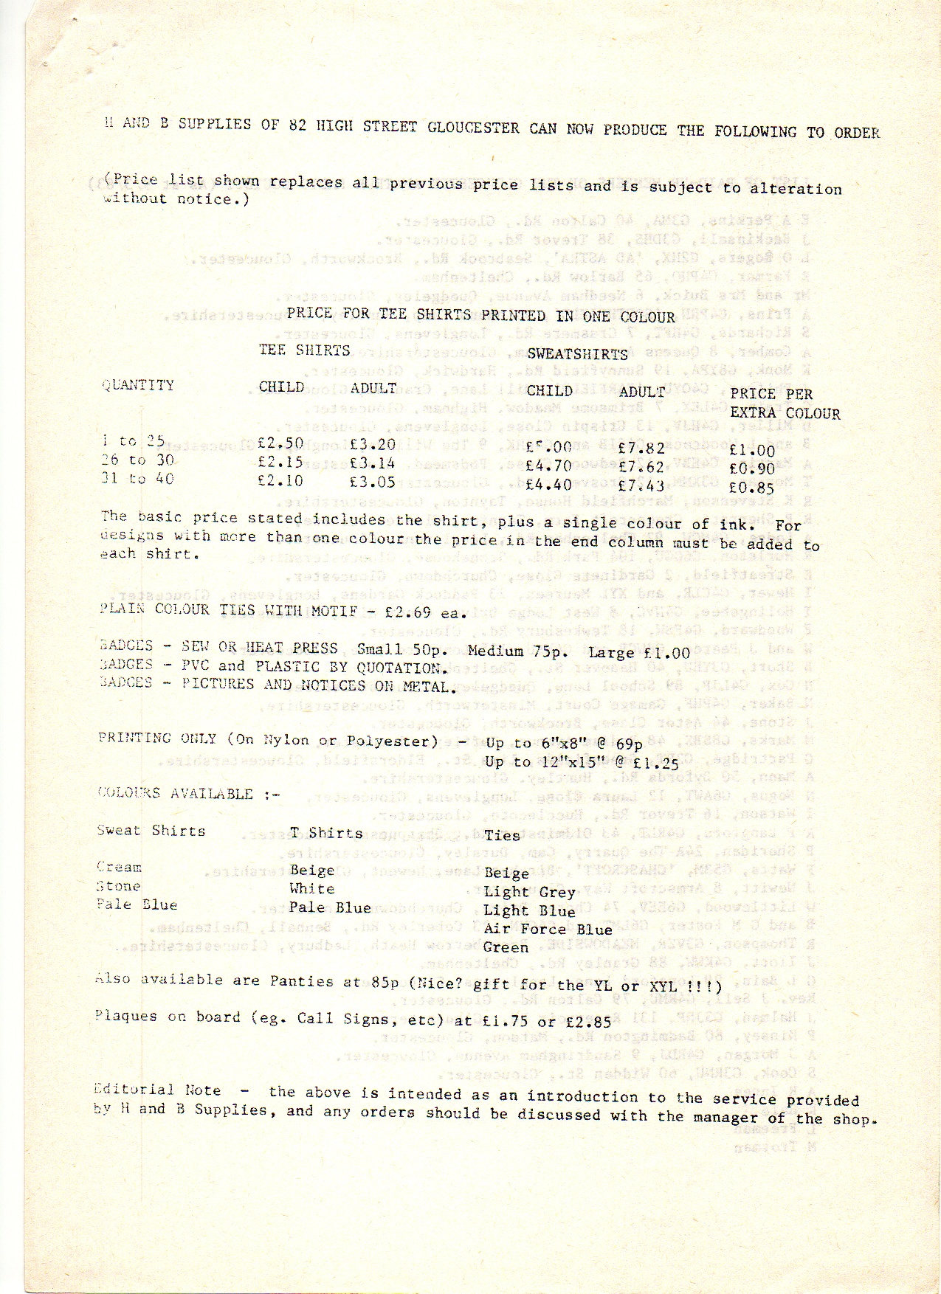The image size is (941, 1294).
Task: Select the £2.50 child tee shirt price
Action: pyautogui.click(x=280, y=443)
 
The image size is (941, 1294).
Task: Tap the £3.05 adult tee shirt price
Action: pyautogui.click(x=373, y=482)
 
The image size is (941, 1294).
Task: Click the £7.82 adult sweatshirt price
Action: pyautogui.click(x=641, y=448)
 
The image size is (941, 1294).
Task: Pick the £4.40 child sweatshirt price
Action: pyautogui.click(x=548, y=485)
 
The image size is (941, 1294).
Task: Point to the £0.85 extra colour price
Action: pyautogui.click(x=751, y=488)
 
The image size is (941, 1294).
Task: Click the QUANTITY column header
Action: pyautogui.click(x=138, y=385)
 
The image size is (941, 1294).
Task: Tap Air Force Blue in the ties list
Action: pyautogui.click(x=548, y=929)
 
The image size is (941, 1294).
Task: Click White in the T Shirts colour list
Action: pyautogui.click(x=311, y=889)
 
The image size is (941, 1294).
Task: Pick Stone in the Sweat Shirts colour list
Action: pyautogui.click(x=118, y=886)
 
